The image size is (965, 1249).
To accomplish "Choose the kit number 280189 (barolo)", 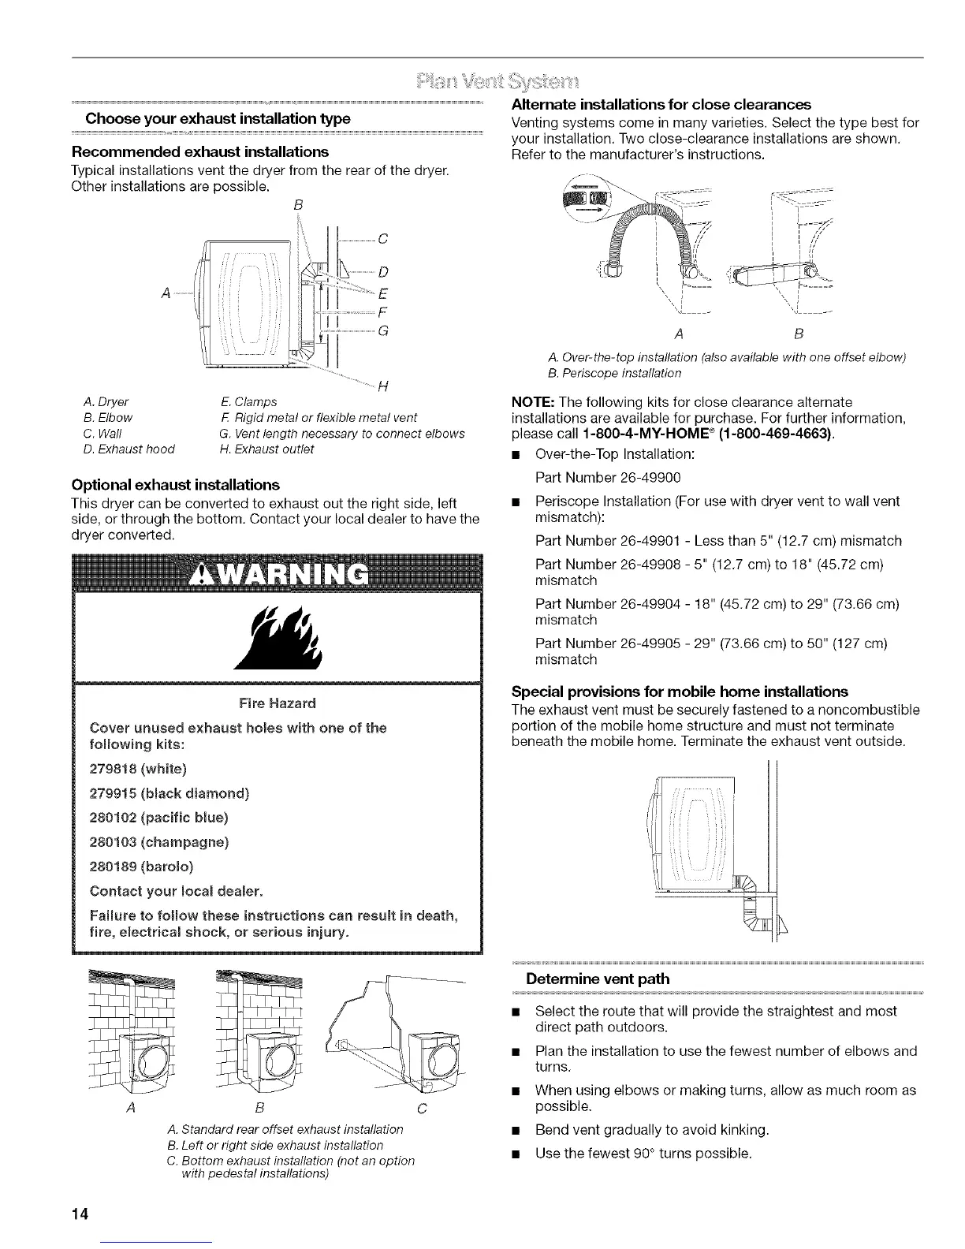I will pos(140,867).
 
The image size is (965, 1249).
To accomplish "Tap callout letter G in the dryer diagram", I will pos(383,330).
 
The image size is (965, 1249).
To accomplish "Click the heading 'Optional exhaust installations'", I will pos(175,484).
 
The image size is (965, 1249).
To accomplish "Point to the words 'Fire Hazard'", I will pos(276,703).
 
